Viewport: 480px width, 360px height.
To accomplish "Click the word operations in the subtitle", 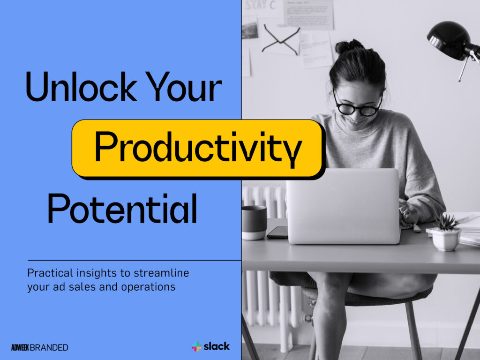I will (x=151, y=287).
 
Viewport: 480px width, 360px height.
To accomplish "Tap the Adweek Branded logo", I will (x=39, y=347).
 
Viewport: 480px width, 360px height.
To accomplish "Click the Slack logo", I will (x=210, y=346).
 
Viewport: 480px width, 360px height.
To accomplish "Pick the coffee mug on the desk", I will (x=254, y=222).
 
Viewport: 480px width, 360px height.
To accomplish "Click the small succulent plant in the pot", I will (x=446, y=223).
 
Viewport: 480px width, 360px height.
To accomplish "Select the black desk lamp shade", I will (x=448, y=39).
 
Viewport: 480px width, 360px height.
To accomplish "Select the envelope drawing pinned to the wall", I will (x=280, y=39).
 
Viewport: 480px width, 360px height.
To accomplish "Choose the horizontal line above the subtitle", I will (x=134, y=260).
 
